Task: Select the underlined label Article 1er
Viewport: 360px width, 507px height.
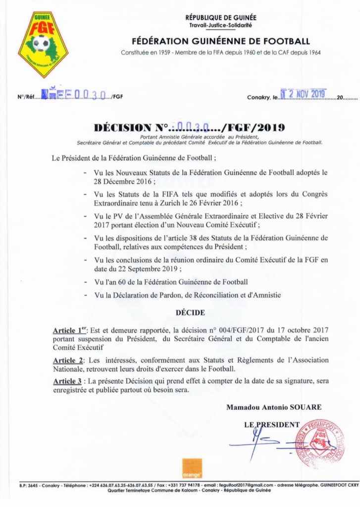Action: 69,329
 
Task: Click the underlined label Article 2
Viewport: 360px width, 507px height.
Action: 68,361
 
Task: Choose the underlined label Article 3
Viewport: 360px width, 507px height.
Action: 68,381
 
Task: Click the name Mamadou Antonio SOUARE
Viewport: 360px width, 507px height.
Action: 274,408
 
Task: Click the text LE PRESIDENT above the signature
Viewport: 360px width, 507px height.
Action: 271,425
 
